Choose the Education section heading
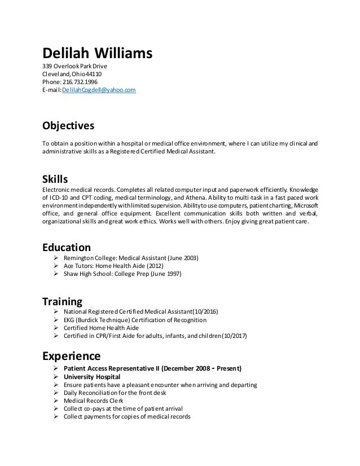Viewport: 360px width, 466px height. (x=67, y=247)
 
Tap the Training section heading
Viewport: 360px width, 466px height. (x=63, y=301)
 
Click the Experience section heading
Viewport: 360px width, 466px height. (x=72, y=356)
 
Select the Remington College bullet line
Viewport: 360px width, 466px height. (x=131, y=258)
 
